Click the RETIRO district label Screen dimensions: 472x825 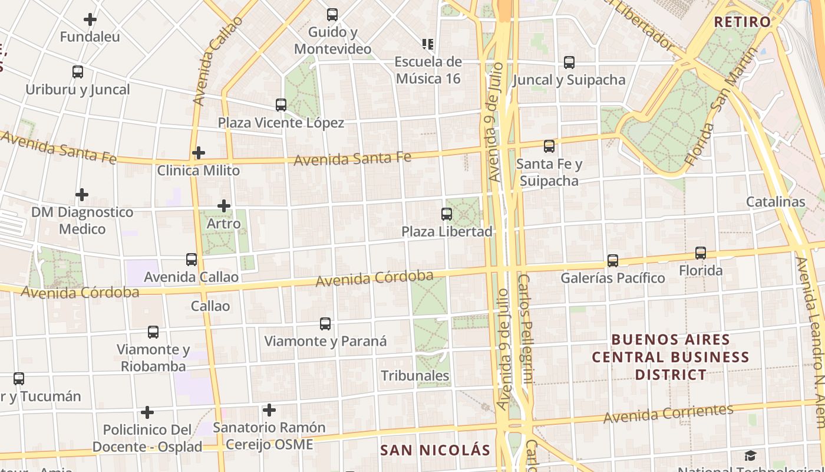click(742, 22)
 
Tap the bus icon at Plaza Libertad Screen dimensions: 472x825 click(447, 214)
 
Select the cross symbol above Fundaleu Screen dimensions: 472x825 click(90, 19)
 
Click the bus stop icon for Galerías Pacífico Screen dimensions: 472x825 click(613, 260)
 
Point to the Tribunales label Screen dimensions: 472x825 click(415, 376)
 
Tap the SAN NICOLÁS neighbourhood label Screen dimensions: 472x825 click(435, 450)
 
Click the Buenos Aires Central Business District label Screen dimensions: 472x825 click(671, 357)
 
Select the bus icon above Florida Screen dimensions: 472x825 click(701, 253)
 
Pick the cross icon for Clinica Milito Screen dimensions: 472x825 click(199, 153)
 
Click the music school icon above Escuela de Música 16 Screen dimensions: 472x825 click(428, 44)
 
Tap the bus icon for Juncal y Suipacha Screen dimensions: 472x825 click(569, 62)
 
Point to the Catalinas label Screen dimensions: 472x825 click(775, 202)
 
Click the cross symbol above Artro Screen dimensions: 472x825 click(224, 206)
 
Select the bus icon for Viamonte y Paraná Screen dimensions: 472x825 click(325, 323)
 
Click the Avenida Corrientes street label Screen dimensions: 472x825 click(668, 413)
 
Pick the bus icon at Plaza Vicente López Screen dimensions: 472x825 click(281, 105)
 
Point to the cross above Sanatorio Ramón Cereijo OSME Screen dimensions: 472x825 click(269, 409)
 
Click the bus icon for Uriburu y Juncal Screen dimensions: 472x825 click(78, 72)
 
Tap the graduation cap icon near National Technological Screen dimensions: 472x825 click(750, 455)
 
